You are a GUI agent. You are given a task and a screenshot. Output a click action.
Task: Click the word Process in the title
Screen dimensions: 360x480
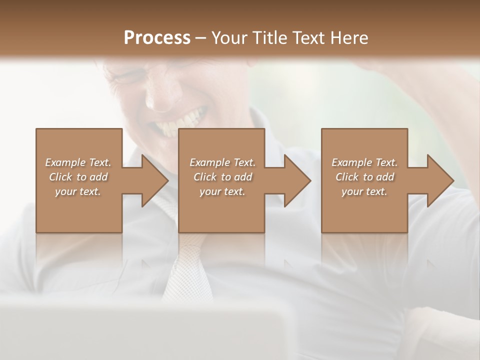[157, 37]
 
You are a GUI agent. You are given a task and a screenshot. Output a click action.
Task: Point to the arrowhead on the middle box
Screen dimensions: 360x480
[297, 180]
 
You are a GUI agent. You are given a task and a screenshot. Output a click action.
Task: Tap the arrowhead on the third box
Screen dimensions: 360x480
[440, 180]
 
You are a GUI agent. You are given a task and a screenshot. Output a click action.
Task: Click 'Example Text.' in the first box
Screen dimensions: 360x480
[78, 162]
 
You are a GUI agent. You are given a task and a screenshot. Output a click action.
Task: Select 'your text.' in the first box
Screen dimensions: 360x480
[78, 191]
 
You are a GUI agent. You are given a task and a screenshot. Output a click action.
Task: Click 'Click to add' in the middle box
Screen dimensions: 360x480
[222, 177]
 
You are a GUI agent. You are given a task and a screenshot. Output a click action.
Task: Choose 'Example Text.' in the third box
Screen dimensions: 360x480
[364, 162]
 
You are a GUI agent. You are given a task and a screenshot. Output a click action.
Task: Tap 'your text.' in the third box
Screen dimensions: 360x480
[364, 191]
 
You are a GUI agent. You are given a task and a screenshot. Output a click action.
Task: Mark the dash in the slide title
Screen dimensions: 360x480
[201, 38]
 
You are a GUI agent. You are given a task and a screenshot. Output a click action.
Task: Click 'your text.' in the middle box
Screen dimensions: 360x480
[222, 191]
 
